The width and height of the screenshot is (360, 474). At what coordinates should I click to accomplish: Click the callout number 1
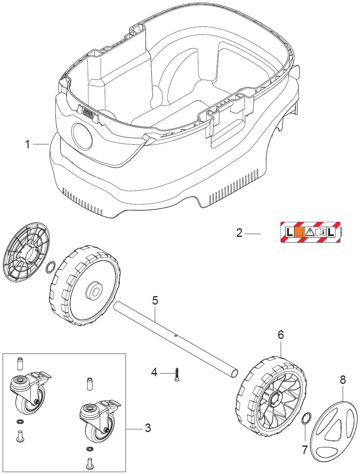click(27, 144)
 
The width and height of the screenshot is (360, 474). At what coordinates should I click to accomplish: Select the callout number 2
click(239, 233)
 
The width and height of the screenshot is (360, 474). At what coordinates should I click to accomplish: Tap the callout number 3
click(147, 428)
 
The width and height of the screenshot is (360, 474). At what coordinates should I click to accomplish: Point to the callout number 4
click(154, 372)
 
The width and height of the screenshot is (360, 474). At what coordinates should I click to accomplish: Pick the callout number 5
click(155, 300)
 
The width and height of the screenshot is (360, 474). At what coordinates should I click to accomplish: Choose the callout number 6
click(281, 335)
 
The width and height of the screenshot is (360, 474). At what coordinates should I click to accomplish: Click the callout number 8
click(343, 380)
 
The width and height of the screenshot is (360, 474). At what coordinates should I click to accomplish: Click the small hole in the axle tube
click(176, 335)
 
